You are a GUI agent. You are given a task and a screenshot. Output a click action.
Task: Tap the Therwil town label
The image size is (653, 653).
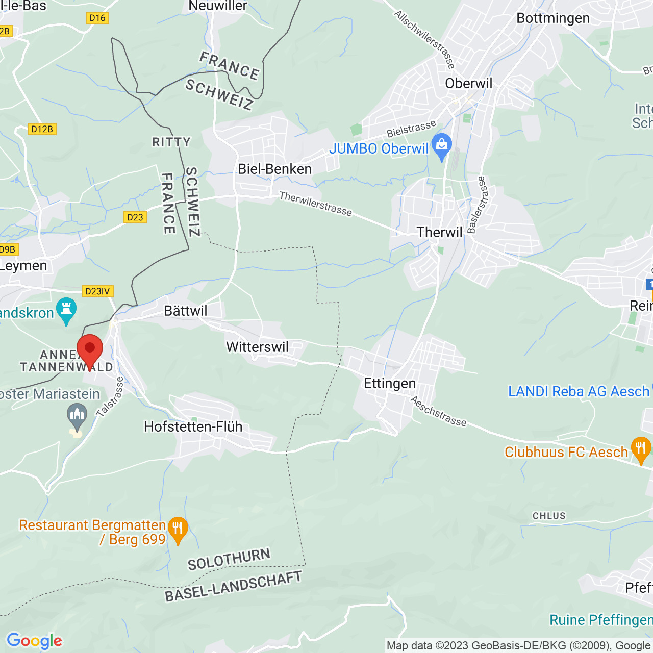pyautogui.click(x=439, y=233)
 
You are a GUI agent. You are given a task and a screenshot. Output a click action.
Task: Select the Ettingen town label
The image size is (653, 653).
pyautogui.click(x=390, y=384)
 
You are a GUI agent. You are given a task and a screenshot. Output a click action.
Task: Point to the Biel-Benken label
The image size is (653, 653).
pyautogui.click(x=274, y=169)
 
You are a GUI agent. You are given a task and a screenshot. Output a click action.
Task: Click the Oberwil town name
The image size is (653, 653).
pyautogui.click(x=469, y=84)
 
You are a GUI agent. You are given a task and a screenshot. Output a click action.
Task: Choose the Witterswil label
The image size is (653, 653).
pyautogui.click(x=257, y=347)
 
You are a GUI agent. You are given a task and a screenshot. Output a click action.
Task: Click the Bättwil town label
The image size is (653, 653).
pyautogui.click(x=186, y=311)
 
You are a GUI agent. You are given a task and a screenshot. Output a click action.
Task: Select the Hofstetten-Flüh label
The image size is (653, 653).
pyautogui.click(x=193, y=427)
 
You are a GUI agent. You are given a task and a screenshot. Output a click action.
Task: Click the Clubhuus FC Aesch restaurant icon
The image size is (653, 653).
pyautogui.click(x=641, y=449)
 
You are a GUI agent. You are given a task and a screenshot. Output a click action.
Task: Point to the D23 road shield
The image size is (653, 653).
pyautogui.click(x=135, y=217)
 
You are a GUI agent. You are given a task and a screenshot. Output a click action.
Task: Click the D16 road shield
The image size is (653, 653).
pyautogui.click(x=97, y=18)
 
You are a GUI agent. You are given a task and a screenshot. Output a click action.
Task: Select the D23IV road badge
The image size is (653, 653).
pyautogui.click(x=97, y=291)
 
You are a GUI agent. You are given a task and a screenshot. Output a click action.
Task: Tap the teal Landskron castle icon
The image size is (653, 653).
pyautogui.click(x=66, y=310)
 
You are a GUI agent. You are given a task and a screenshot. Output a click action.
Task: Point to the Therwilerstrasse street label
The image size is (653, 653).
pyautogui.click(x=315, y=204)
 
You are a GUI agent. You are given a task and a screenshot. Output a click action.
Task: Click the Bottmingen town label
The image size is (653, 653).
pyautogui.click(x=553, y=18)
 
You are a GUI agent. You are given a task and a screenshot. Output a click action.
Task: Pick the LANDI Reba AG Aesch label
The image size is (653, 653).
pyautogui.click(x=579, y=391)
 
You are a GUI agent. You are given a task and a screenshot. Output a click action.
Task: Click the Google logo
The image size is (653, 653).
pyautogui.click(x=34, y=641)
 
